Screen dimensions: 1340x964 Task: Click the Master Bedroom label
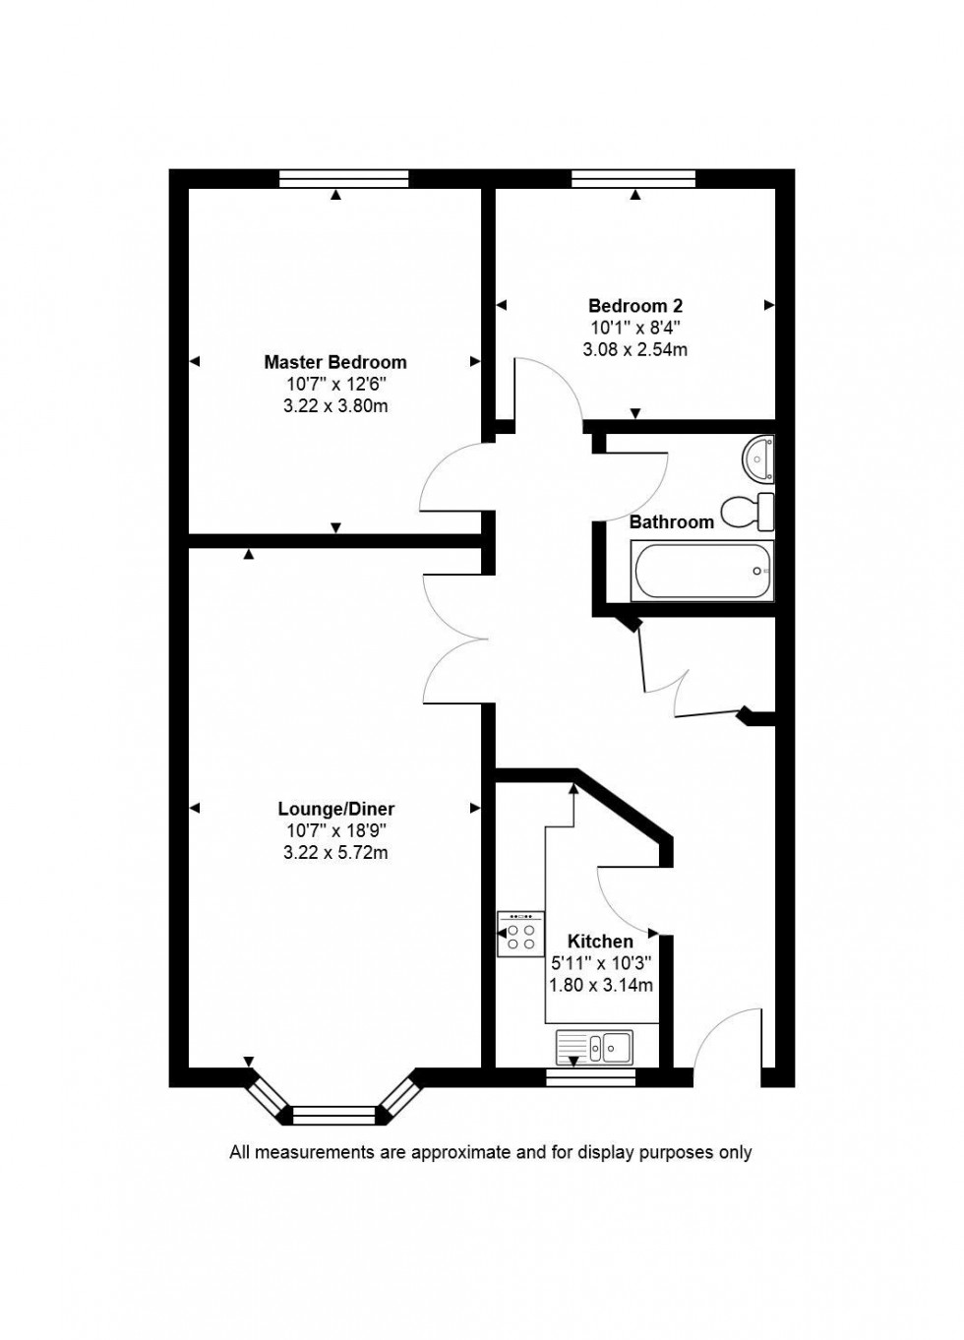pyautogui.click(x=334, y=362)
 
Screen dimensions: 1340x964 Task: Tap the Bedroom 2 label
pyautogui.click(x=634, y=306)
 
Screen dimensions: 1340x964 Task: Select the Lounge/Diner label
pyautogui.click(x=335, y=809)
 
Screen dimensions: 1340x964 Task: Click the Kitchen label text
pyautogui.click(x=600, y=942)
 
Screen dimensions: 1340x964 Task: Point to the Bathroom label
pyautogui.click(x=671, y=522)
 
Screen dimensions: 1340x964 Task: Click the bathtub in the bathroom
pyautogui.click(x=702, y=571)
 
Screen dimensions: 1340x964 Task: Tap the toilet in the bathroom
pyautogui.click(x=748, y=512)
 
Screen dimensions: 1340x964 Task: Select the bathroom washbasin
pyautogui.click(x=759, y=457)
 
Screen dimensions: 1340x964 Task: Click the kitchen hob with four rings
pyautogui.click(x=520, y=934)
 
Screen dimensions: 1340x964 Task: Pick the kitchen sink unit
pyautogui.click(x=594, y=1047)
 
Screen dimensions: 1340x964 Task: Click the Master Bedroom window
pyautogui.click(x=343, y=178)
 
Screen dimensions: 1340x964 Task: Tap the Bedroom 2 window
pyautogui.click(x=633, y=178)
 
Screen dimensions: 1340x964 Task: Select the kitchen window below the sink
pyautogui.click(x=590, y=1078)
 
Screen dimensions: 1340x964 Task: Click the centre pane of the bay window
pyautogui.click(x=334, y=1115)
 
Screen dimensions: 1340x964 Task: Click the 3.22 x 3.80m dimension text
pyautogui.click(x=334, y=406)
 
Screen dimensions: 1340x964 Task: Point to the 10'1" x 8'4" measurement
pyautogui.click(x=634, y=328)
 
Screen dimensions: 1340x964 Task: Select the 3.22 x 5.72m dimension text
pyautogui.click(x=335, y=853)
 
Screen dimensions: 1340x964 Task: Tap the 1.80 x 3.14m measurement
pyautogui.click(x=600, y=985)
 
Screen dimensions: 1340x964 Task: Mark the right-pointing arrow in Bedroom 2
pyautogui.click(x=769, y=306)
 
